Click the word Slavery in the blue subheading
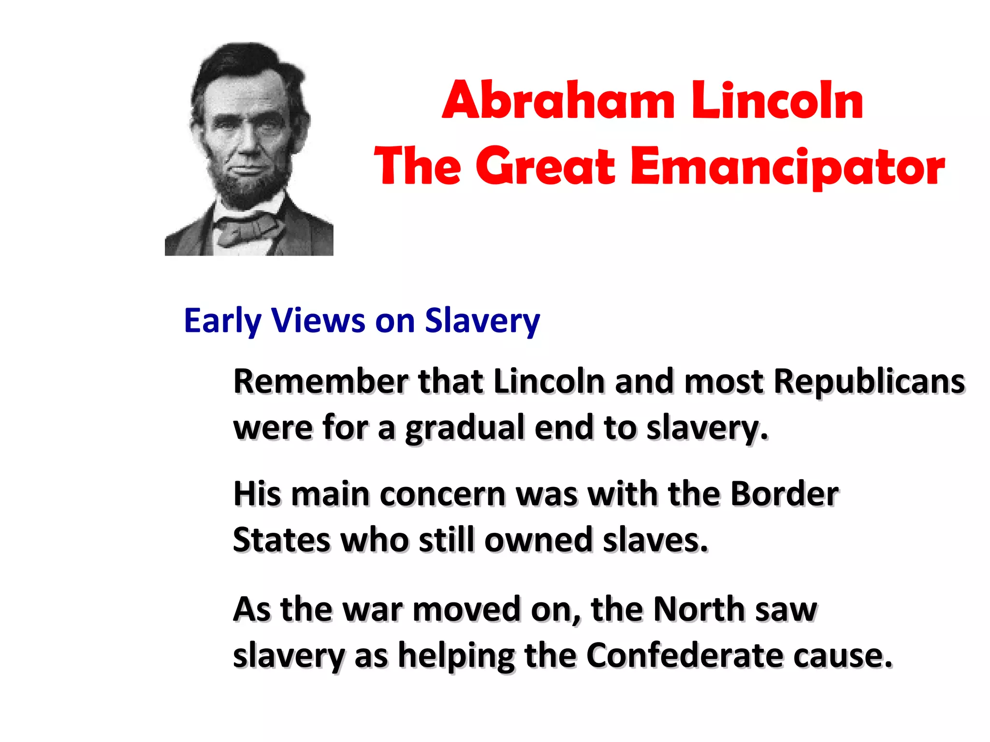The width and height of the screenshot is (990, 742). tap(482, 321)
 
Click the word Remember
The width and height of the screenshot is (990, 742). tap(320, 382)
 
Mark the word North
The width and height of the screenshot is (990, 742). tap(699, 609)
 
